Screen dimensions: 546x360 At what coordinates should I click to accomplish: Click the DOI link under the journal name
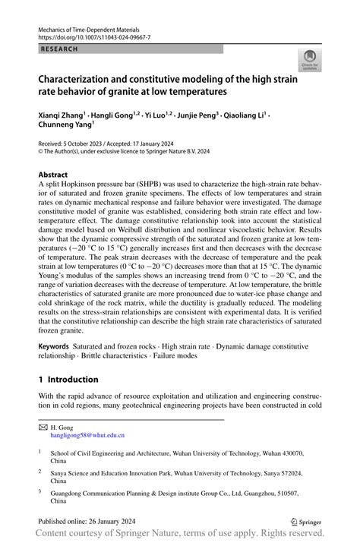(x=93, y=36)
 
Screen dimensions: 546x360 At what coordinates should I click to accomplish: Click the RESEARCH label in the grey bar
(x=57, y=49)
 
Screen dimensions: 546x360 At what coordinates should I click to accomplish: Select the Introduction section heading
(x=68, y=379)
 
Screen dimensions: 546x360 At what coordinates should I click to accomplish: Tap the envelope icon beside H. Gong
(x=43, y=428)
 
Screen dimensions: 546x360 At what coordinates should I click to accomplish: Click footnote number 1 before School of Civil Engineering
(x=39, y=451)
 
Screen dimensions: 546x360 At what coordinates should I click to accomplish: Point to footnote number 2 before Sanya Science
(x=39, y=472)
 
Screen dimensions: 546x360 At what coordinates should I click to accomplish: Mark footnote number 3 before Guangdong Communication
(x=39, y=492)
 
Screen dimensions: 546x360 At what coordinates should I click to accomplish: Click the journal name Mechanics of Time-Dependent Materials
(x=93, y=27)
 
